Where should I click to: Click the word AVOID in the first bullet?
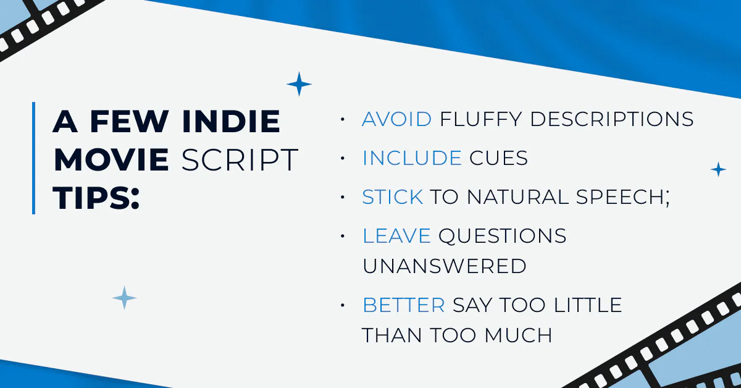[x=396, y=119]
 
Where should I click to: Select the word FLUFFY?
[x=480, y=119]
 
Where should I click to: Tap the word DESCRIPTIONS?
[x=612, y=119]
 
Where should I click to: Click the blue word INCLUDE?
[x=412, y=158]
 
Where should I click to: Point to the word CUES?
[x=498, y=158]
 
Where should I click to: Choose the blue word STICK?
[x=393, y=197]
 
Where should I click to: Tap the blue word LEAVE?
[x=396, y=236]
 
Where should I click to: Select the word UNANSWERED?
[x=444, y=266]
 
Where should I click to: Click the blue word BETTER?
[x=404, y=305]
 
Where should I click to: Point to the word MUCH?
[x=518, y=335]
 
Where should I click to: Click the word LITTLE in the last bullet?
[x=588, y=305]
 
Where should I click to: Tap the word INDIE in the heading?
[x=231, y=121]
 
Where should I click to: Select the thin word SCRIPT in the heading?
[x=240, y=160]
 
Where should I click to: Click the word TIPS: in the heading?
[x=96, y=198]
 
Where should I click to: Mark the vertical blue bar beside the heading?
[x=34, y=158]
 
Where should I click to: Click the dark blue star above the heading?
[x=299, y=84]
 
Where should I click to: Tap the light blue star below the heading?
[x=124, y=298]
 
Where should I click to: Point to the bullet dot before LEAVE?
[x=343, y=236]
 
